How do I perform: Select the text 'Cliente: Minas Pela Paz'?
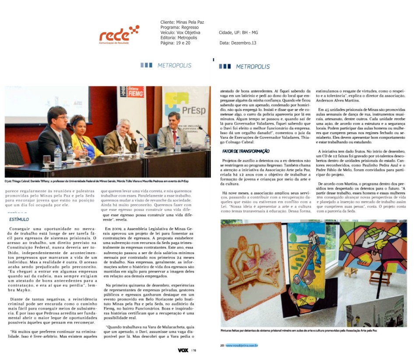[182, 22]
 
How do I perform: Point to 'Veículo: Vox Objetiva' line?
[180, 32]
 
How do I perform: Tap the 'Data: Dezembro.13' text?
[238, 43]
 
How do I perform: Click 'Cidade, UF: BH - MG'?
[238, 32]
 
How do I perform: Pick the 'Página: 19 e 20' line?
[175, 43]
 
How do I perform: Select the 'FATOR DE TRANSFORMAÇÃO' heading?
[245, 151]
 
